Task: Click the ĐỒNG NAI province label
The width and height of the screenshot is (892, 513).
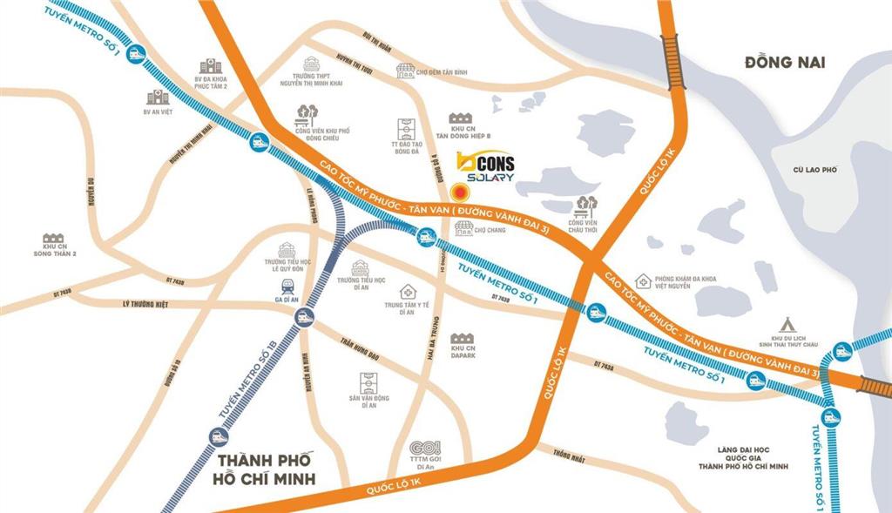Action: point(784,63)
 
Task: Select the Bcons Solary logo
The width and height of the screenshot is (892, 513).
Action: point(485,167)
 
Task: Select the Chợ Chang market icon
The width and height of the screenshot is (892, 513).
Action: point(463,228)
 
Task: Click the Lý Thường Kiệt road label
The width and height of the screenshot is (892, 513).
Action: point(144,304)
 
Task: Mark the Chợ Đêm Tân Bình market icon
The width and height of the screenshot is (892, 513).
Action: point(406,71)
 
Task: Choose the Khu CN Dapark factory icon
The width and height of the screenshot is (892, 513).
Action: point(463,338)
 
